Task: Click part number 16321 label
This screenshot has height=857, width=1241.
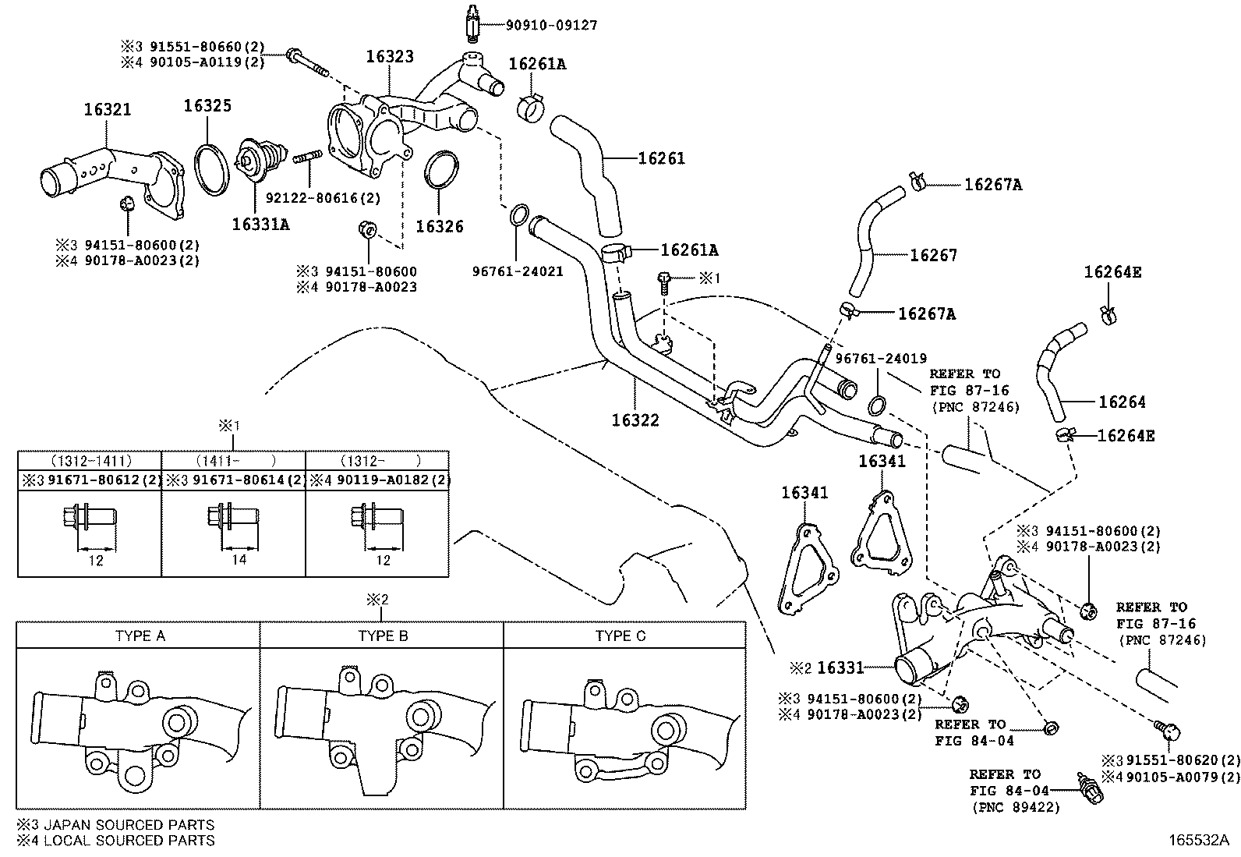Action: [108, 110]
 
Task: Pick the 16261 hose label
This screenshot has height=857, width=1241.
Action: [661, 158]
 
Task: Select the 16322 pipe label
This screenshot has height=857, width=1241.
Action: [635, 420]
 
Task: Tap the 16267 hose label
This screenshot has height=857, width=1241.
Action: [934, 255]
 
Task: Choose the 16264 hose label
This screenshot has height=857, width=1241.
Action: [1122, 402]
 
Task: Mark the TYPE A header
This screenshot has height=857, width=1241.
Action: [140, 636]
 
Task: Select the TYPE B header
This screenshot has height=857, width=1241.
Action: [383, 636]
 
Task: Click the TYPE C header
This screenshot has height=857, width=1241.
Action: [620, 636]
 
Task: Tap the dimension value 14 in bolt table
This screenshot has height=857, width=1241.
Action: [239, 560]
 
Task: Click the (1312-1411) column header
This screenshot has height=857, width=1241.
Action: [89, 461]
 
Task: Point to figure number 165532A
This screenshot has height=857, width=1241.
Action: [1197, 841]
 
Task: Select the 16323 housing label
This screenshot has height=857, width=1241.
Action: [391, 57]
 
